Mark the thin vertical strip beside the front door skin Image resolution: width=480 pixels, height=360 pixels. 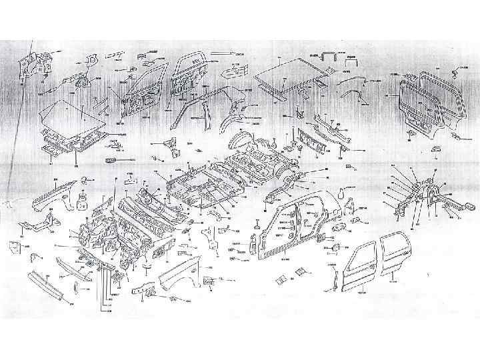331,274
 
